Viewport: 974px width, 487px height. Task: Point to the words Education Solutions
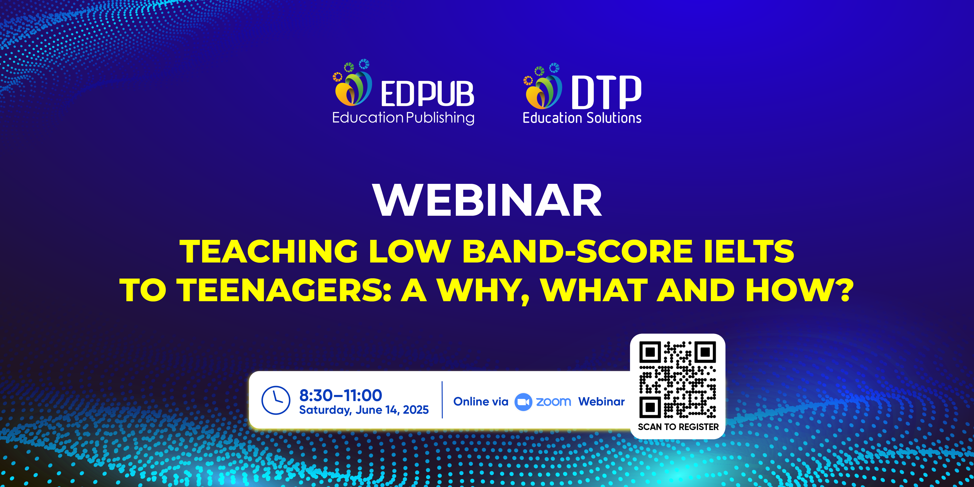582,118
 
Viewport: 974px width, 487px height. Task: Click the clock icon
276,400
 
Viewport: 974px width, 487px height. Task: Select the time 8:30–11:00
341,395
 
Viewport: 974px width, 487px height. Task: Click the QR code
678,380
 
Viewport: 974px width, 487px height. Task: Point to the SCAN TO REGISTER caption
678,427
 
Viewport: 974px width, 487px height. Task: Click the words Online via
481,402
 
